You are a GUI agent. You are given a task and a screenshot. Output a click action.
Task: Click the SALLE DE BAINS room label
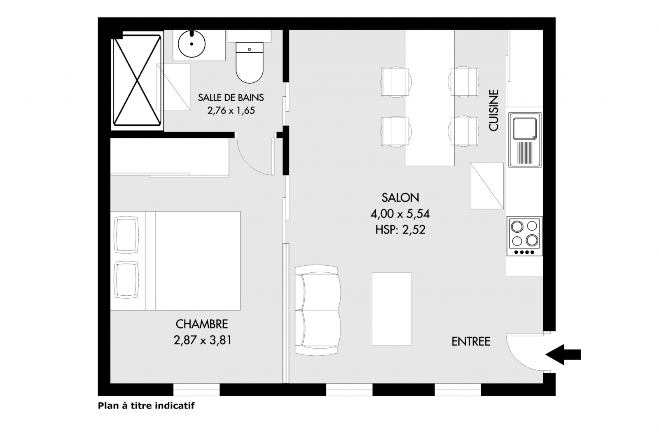click(x=231, y=97)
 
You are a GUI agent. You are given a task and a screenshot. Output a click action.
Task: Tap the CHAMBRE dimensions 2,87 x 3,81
click(x=202, y=341)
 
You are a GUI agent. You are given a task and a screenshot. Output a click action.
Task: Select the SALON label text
click(x=400, y=198)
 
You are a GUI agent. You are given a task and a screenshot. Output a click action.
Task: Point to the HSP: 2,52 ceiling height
click(x=400, y=230)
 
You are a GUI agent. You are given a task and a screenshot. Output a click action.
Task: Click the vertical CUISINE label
click(x=494, y=110)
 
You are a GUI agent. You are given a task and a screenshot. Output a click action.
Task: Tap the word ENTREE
click(x=471, y=342)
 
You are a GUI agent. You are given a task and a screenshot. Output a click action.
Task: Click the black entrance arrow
click(x=563, y=355)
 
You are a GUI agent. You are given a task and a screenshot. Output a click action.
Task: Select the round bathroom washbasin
click(x=192, y=44)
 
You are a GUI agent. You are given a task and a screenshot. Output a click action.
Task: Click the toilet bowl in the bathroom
click(x=250, y=63)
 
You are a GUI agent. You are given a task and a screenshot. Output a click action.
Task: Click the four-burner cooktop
click(x=524, y=236)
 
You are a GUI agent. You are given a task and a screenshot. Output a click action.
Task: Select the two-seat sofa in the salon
click(x=318, y=310)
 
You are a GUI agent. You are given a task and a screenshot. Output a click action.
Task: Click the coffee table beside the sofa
click(x=391, y=309)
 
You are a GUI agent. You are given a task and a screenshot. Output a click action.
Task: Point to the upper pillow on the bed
click(x=126, y=234)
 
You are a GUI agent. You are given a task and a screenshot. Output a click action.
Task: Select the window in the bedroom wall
click(x=196, y=389)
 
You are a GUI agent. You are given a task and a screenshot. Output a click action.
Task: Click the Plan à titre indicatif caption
click(x=146, y=406)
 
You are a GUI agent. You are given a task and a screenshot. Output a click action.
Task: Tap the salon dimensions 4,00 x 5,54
click(x=400, y=214)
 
